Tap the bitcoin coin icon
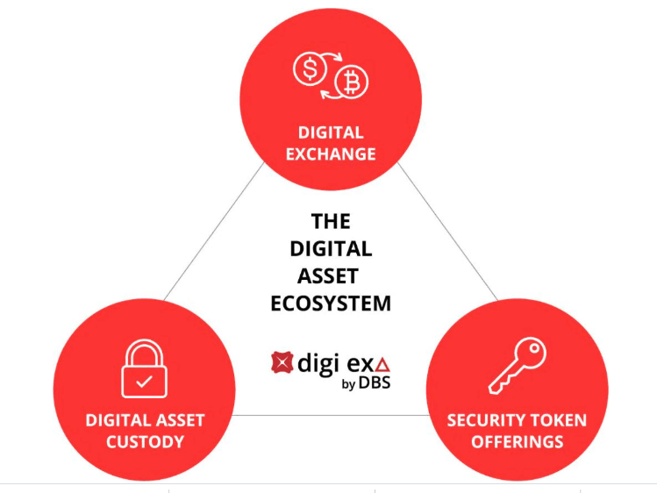pyautogui.click(x=353, y=82)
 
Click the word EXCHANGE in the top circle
pyautogui.click(x=331, y=154)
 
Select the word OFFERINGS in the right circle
pyautogui.click(x=518, y=441)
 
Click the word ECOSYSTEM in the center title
pyautogui.click(x=331, y=304)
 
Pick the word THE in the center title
pyautogui.click(x=331, y=220)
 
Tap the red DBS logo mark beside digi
pyautogui.click(x=281, y=361)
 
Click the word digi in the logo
pyautogui.click(x=317, y=362)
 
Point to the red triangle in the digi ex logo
pyautogui.click(x=382, y=364)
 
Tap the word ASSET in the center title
pyautogui.click(x=331, y=275)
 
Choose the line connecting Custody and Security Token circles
pyautogui.click(x=331, y=415)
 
